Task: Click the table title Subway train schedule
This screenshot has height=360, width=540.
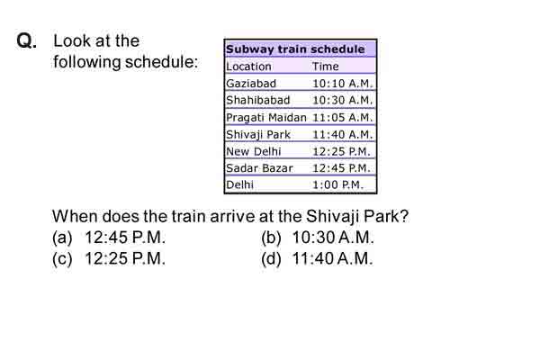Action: tap(295, 49)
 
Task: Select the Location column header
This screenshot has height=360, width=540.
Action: tap(248, 67)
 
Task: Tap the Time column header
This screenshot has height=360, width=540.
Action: tap(326, 66)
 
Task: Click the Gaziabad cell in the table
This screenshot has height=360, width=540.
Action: tap(251, 84)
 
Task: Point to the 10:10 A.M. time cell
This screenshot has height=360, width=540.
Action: tap(343, 84)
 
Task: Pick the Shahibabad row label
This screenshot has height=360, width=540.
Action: tap(258, 100)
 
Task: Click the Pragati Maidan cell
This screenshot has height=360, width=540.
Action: tap(266, 118)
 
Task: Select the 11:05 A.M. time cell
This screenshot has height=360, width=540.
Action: tap(343, 118)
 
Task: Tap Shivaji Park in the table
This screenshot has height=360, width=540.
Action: tap(258, 134)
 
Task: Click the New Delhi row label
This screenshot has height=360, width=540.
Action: tap(254, 151)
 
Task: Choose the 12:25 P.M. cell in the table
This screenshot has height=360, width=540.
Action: tap(341, 151)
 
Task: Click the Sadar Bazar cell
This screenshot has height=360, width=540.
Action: tap(259, 168)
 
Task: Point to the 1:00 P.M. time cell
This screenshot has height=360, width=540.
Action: tap(337, 185)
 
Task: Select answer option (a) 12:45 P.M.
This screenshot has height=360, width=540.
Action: tap(109, 238)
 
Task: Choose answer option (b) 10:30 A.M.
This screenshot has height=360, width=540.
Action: tap(318, 238)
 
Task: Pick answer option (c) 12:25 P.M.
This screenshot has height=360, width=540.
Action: tap(109, 258)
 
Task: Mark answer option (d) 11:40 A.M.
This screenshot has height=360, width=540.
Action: tap(317, 258)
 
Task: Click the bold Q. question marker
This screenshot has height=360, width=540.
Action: tap(26, 40)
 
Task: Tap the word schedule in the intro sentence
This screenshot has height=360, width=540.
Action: tap(161, 62)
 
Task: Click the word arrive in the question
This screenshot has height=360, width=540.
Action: tap(232, 217)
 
